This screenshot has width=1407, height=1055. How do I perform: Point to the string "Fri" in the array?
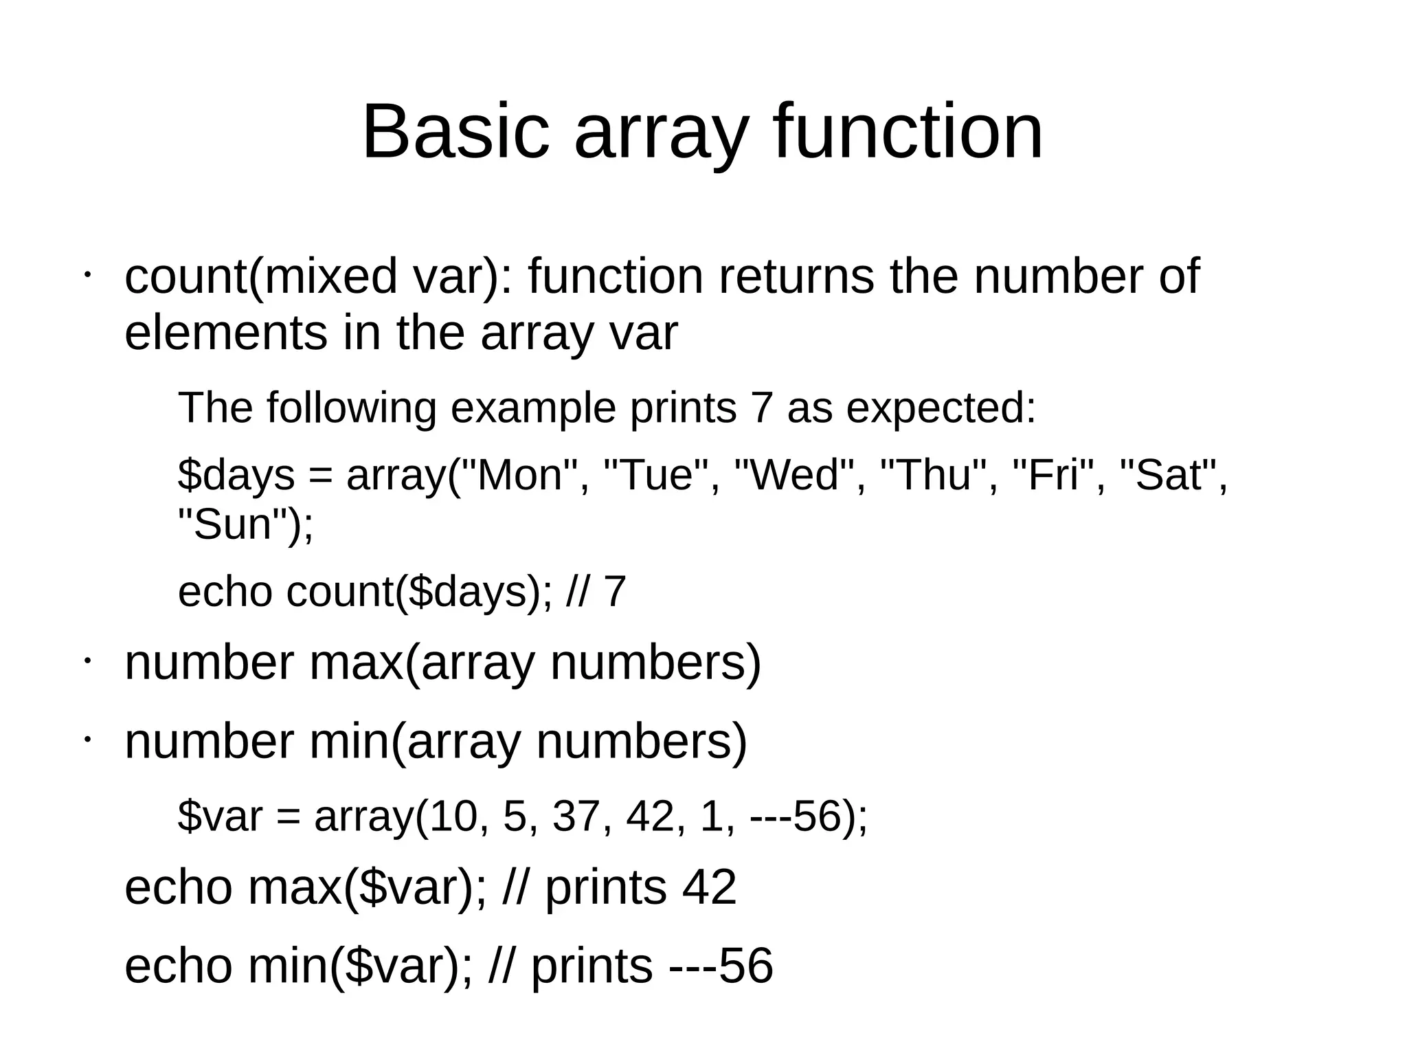click(1055, 475)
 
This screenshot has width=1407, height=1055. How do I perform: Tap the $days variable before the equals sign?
click(236, 475)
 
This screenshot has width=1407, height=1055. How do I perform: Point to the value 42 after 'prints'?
click(709, 887)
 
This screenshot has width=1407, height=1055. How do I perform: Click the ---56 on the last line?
click(721, 966)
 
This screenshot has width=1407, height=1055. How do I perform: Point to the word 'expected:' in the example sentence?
click(941, 408)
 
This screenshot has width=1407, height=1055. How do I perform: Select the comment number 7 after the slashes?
click(615, 591)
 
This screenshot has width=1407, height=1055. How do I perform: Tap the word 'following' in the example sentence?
click(351, 408)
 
